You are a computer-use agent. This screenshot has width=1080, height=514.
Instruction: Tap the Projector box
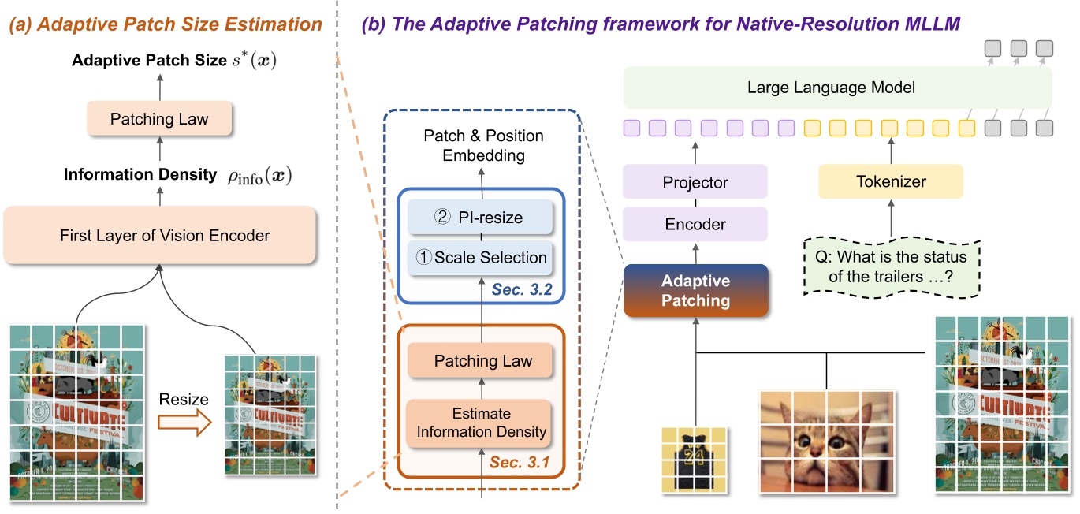pos(695,182)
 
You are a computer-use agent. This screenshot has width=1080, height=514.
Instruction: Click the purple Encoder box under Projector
pos(695,224)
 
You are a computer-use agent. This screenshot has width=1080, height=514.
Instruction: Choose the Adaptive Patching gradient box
pos(695,290)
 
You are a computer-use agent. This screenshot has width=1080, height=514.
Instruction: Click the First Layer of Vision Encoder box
pos(160,235)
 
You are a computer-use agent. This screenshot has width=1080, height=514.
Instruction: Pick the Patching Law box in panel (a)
pos(159,120)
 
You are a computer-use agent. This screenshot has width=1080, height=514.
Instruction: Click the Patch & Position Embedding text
pos(483,146)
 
